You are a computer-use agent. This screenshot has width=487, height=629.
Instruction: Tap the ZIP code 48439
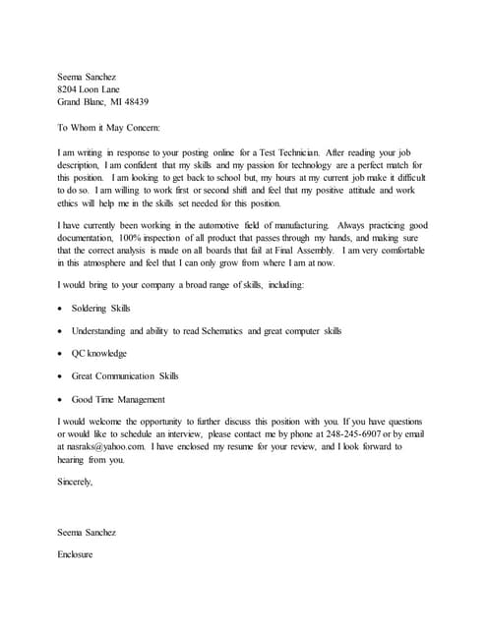pos(133,101)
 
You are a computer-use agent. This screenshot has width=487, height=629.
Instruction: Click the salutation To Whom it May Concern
pos(108,127)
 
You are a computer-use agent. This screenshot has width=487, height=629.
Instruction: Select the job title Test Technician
pos(288,152)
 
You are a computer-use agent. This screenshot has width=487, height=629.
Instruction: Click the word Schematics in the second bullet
pos(222,331)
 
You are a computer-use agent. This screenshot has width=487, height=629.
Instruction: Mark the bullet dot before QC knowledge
pos(61,354)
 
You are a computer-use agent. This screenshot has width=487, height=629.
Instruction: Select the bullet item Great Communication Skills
pos(125,375)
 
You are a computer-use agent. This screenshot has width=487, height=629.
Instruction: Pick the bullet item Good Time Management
pos(118,399)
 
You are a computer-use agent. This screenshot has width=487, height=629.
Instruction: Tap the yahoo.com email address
pos(107,446)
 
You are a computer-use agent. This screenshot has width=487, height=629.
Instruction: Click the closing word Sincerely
pos(76,482)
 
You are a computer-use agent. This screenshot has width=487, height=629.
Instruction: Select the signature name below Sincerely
pos(87,532)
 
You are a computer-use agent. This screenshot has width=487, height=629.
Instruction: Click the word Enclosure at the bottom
pos(75,554)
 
